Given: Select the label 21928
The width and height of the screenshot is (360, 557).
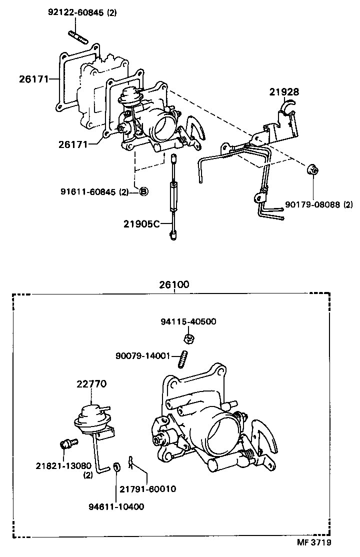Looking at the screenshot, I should [x=284, y=91].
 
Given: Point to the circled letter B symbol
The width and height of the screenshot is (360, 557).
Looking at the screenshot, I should [x=142, y=191].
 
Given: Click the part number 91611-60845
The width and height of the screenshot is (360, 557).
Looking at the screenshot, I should [x=88, y=191].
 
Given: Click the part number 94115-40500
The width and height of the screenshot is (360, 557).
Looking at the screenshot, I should [x=188, y=321].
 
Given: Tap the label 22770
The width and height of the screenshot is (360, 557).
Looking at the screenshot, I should [x=91, y=383].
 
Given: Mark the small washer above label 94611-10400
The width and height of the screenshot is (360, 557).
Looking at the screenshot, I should [x=116, y=467].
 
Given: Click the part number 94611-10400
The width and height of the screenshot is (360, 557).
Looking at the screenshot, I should [x=117, y=506].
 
